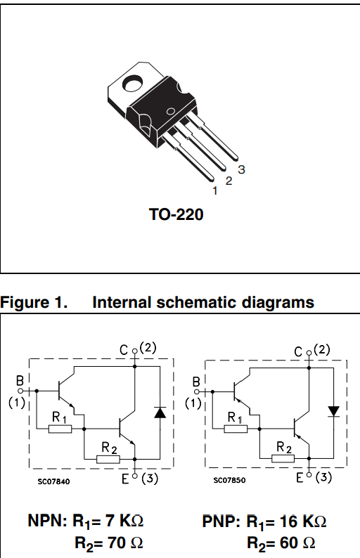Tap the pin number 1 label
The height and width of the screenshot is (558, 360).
click(214, 190)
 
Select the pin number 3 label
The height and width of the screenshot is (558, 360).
click(241, 169)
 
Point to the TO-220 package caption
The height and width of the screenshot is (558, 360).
click(176, 214)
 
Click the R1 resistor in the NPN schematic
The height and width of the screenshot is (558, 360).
click(60, 429)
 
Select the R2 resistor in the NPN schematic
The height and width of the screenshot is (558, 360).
click(108, 460)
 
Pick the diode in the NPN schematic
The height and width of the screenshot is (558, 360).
click(160, 413)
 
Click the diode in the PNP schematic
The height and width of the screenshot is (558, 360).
click(334, 411)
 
